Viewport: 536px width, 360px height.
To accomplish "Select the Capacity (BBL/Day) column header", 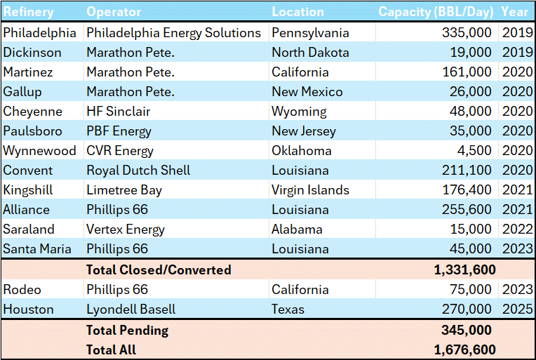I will point(436,12).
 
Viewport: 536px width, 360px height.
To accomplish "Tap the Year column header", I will point(516,12).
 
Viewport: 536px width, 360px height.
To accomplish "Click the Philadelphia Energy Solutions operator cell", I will point(173,33).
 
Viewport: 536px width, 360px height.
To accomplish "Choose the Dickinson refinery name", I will point(32,53).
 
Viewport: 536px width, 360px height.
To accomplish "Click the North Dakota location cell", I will point(309,53).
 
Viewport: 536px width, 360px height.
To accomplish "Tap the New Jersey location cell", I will point(303,131).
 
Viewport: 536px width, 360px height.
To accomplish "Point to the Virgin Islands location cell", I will point(310,190).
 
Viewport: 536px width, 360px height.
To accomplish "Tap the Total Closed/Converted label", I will point(159,270).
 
